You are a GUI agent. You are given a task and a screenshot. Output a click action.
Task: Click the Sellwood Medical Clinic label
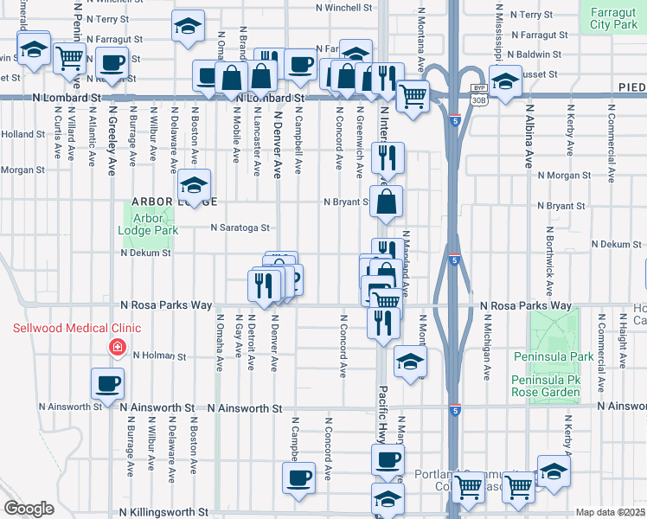[77, 329]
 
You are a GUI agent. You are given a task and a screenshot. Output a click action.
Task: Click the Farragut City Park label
[612, 19]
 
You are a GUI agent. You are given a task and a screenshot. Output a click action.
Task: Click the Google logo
[28, 509]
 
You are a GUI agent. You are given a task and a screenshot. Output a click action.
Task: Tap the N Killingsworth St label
[163, 512]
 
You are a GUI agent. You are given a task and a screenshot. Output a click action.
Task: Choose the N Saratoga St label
[241, 228]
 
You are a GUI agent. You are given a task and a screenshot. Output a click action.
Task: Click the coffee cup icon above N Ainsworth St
[107, 383]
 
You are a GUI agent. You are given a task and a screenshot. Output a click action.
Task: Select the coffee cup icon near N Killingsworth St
[299, 477]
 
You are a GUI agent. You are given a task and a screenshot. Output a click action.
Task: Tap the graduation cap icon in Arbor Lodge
[195, 185]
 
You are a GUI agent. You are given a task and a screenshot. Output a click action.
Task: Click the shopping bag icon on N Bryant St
[388, 202]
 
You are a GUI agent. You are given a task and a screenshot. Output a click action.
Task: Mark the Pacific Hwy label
[381, 404]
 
